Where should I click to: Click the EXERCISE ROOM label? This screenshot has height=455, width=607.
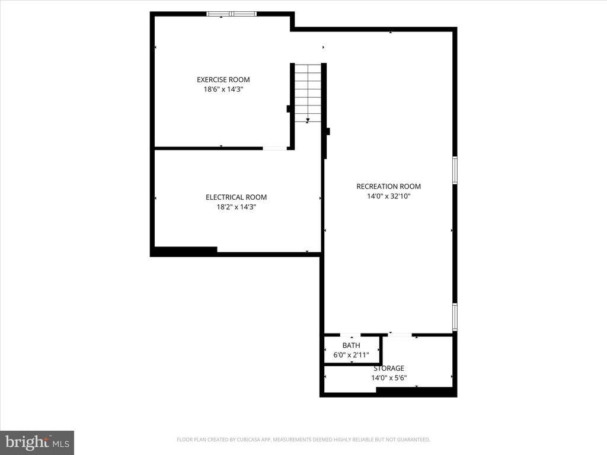pyautogui.click(x=223, y=79)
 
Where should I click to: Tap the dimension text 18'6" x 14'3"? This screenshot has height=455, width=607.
pyautogui.click(x=223, y=89)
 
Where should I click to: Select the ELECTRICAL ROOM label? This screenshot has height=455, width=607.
pyautogui.click(x=236, y=197)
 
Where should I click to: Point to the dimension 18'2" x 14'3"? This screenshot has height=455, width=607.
pyautogui.click(x=236, y=207)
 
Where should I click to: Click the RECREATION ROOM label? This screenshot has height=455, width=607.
pyautogui.click(x=388, y=187)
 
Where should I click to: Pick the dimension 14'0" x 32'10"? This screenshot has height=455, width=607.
pyautogui.click(x=388, y=196)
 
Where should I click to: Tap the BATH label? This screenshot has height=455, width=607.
pyautogui.click(x=351, y=345)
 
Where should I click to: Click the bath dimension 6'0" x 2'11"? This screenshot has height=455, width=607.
pyautogui.click(x=351, y=355)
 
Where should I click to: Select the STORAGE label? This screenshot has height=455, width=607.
pyautogui.click(x=388, y=368)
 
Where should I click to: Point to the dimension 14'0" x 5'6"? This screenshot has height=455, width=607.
pyautogui.click(x=388, y=377)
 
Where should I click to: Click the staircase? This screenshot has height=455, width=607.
pyautogui.click(x=308, y=92)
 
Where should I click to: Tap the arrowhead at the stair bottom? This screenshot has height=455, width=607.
pyautogui.click(x=308, y=120)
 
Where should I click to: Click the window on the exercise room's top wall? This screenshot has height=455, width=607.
pyautogui.click(x=232, y=14)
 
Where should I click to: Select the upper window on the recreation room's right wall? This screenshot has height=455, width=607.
pyautogui.click(x=455, y=170)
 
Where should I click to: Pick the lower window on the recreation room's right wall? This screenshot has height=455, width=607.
pyautogui.click(x=455, y=316)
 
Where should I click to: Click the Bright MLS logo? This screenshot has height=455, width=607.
pyautogui.click(x=37, y=442)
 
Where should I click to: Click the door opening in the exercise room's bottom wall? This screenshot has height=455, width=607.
pyautogui.click(x=274, y=148)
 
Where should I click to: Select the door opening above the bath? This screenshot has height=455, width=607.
pyautogui.click(x=350, y=335)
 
